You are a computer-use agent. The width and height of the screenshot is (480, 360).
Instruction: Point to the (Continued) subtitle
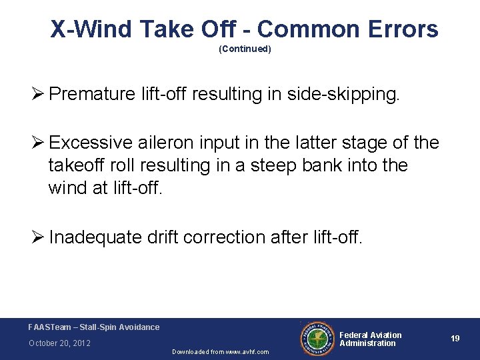(x=245, y=49)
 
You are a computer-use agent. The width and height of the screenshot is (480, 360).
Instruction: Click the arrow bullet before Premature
(x=39, y=93)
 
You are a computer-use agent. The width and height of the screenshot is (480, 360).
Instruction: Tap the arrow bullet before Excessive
(x=39, y=143)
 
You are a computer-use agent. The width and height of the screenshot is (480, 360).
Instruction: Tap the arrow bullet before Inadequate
(x=39, y=237)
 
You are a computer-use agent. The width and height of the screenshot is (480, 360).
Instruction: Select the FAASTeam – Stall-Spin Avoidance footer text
(x=94, y=327)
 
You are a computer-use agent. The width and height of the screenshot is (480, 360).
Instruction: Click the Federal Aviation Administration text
(x=371, y=339)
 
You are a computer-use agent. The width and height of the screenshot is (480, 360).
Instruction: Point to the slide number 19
(x=455, y=339)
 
